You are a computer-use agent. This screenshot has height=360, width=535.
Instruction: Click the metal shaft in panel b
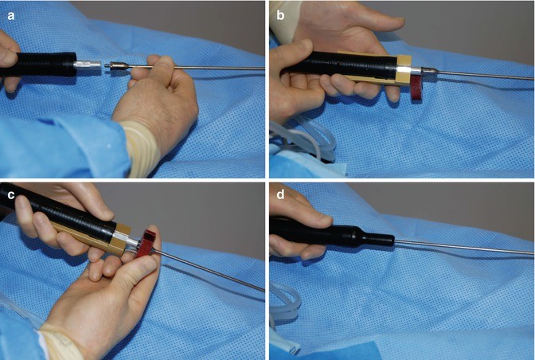(x=478, y=77)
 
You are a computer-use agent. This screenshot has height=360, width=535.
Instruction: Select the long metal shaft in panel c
(x=215, y=271)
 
